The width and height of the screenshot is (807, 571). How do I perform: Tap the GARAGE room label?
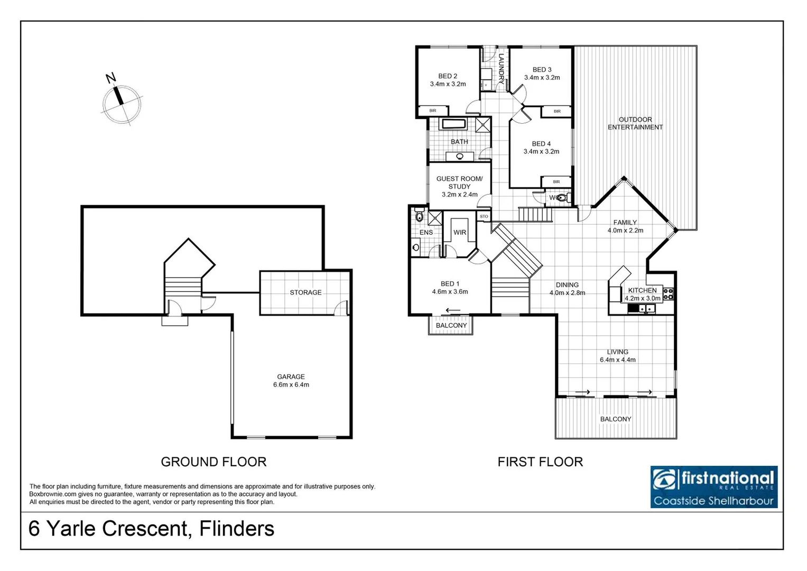point(291,377)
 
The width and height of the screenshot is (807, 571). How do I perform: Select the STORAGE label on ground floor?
point(305,292)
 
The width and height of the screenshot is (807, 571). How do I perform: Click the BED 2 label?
point(448,76)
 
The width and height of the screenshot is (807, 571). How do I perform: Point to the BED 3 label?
point(542,70)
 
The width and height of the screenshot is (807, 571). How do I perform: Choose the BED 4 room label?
point(541,144)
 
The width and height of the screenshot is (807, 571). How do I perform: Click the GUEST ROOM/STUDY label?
point(459,182)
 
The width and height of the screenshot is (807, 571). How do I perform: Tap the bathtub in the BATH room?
point(453,124)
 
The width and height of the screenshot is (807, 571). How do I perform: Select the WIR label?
point(460,233)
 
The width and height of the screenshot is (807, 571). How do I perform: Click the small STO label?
point(484,217)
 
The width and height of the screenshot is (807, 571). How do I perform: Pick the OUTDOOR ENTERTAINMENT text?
point(635,123)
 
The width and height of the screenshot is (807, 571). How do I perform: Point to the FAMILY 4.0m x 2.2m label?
point(625,226)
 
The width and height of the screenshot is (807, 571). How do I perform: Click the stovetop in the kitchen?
point(669,293)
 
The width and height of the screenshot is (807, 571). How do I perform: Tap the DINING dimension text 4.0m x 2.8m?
point(567,293)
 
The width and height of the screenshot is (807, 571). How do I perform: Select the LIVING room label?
point(617,352)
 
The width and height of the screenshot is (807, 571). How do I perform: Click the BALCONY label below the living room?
point(616,419)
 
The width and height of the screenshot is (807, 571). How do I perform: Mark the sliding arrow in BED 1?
point(453,310)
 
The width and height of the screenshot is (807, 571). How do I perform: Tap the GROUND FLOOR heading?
point(214,462)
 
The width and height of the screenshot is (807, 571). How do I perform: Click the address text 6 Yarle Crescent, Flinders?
point(151,529)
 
